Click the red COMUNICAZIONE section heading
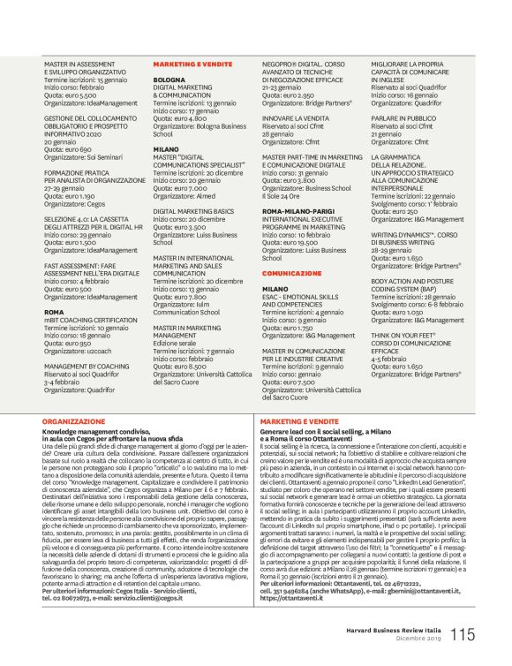(291, 275)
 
